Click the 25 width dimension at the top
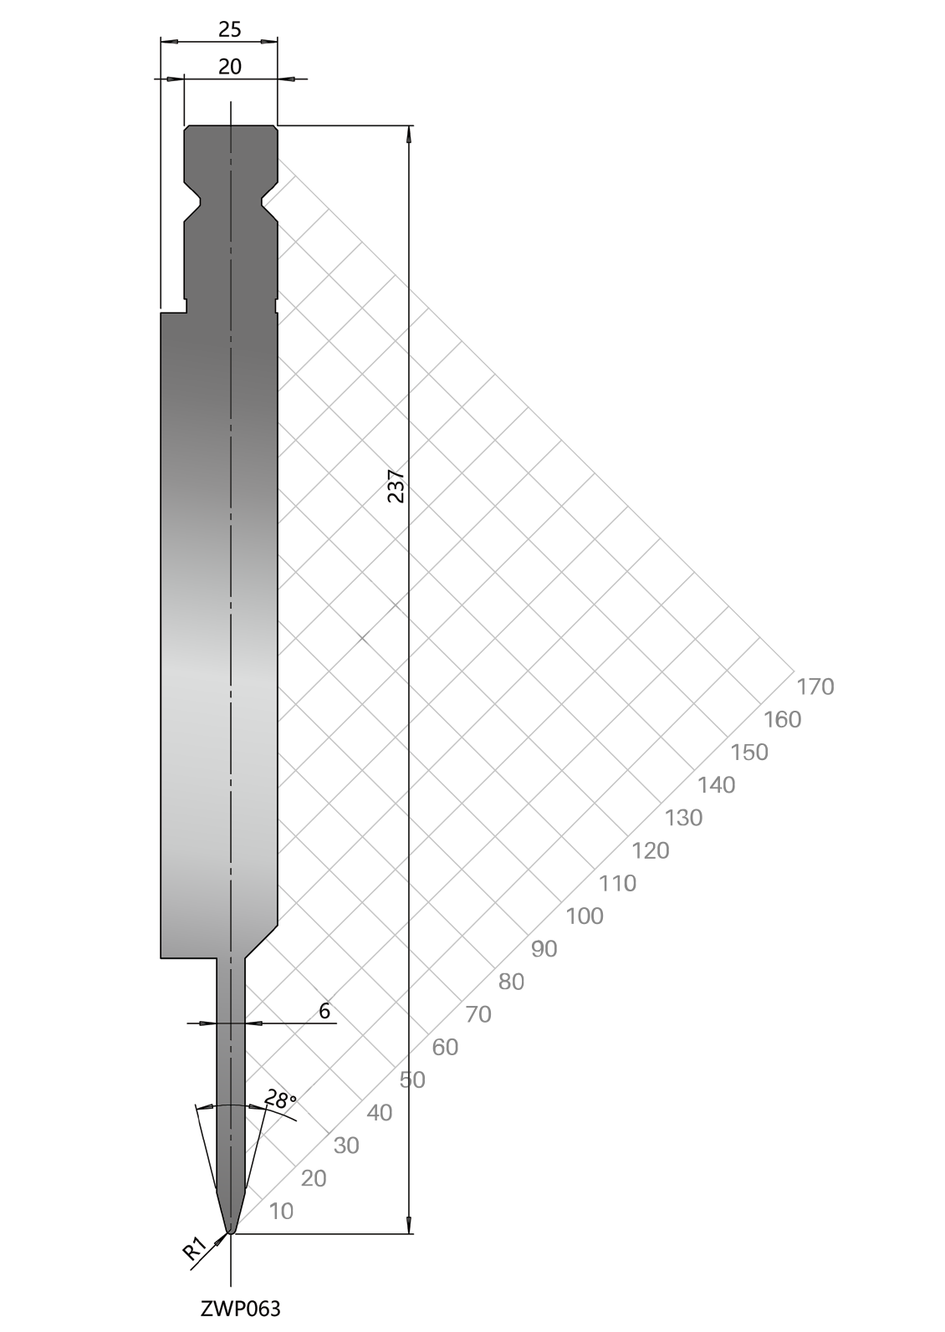click(x=229, y=28)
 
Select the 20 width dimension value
click(x=229, y=67)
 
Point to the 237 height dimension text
click(x=396, y=486)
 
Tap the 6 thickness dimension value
click(x=324, y=1010)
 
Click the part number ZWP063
click(x=240, y=1309)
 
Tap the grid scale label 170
click(x=815, y=686)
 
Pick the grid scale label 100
click(x=584, y=916)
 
